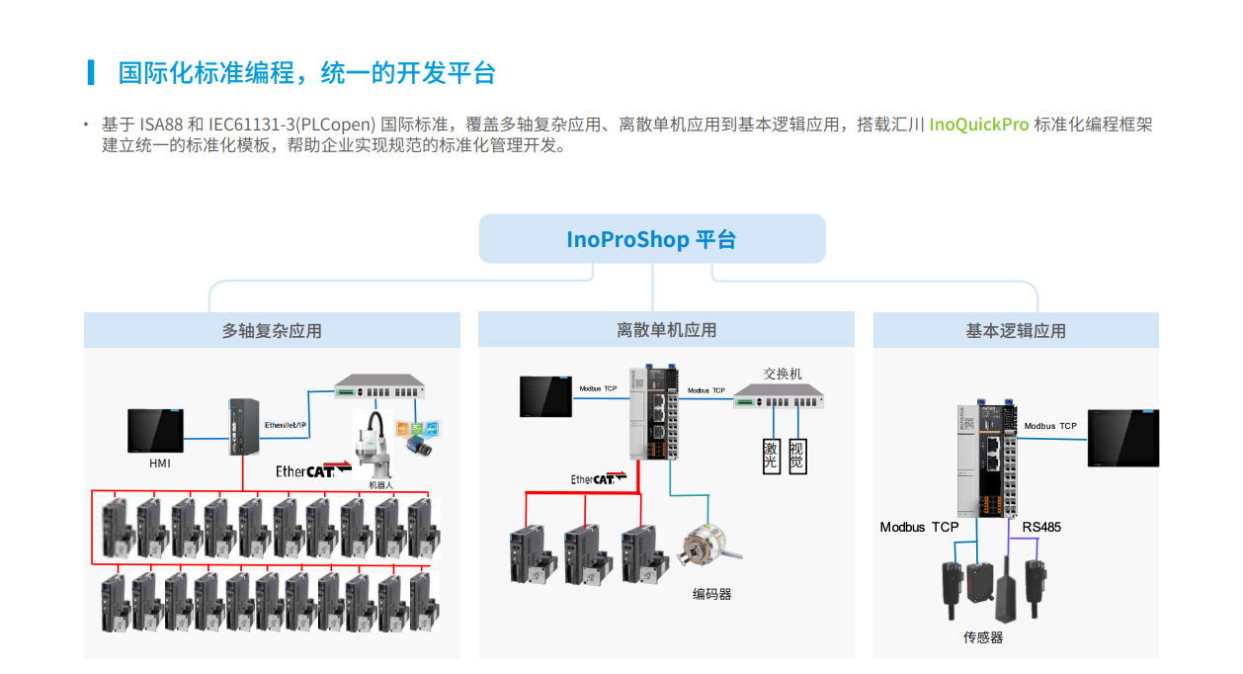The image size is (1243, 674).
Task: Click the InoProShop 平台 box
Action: pos(651,239)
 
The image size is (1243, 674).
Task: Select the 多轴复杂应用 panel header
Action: pos(272,331)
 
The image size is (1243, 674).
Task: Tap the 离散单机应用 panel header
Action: pos(666,330)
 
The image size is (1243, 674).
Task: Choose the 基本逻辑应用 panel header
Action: pos(1016,331)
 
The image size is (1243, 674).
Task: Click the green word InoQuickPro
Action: pos(979,125)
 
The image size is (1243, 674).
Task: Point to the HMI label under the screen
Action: pos(160,463)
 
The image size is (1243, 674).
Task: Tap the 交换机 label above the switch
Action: pos(783,374)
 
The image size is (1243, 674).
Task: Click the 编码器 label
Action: pos(711,594)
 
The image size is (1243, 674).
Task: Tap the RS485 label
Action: pos(1041,527)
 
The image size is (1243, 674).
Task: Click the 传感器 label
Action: pos(983,637)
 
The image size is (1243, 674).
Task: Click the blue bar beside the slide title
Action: pos(91,72)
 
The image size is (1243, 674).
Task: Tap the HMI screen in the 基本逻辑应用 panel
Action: pos(1122,438)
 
